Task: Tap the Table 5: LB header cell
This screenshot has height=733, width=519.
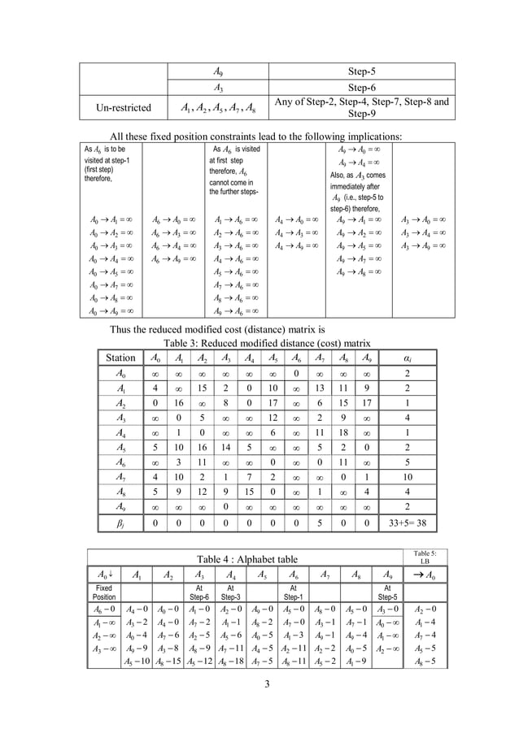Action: (x=424, y=557)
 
